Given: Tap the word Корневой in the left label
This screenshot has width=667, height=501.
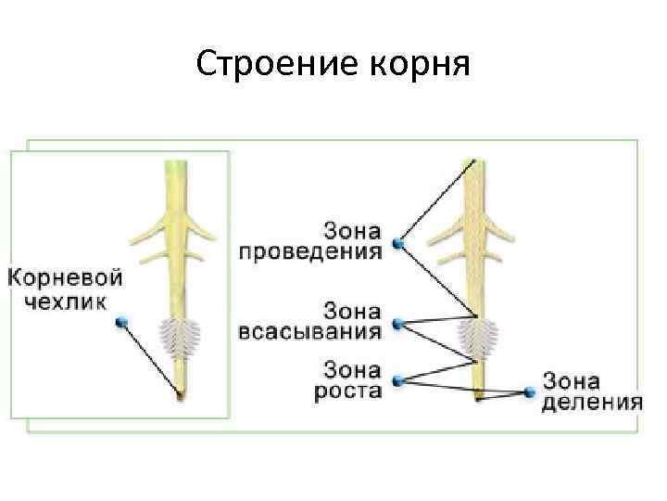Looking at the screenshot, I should (65, 277).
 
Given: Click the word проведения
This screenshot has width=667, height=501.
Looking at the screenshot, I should (311, 251).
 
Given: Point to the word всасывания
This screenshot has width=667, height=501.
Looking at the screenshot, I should (310, 331).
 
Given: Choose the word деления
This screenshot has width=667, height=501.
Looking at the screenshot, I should (593, 402).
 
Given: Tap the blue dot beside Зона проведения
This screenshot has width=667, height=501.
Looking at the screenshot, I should (397, 243).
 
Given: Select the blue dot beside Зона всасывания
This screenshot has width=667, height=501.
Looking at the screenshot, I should (398, 323).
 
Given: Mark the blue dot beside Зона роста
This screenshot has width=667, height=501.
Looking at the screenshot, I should (398, 379).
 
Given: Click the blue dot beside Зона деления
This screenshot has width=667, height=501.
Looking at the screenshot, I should (530, 392).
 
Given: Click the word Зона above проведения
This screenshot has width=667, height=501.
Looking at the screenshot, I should (353, 228).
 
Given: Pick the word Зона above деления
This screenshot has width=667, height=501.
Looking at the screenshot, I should (571, 380).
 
